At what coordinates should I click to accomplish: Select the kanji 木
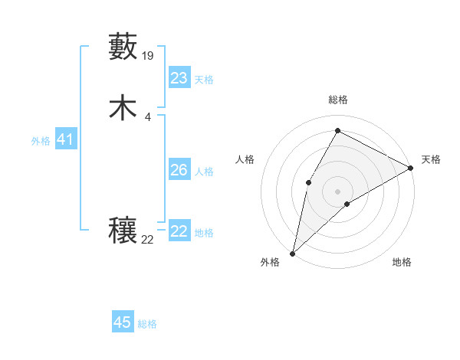pyautogui.click(x=123, y=108)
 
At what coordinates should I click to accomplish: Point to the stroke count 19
pyautogui.click(x=149, y=55)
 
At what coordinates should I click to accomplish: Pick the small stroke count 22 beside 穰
pyautogui.click(x=148, y=240)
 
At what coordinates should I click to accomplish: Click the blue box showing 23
pyautogui.click(x=179, y=78)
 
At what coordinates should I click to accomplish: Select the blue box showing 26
pyautogui.click(x=179, y=170)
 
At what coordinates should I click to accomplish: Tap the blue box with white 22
pyautogui.click(x=179, y=231)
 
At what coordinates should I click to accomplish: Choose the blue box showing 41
pyautogui.click(x=65, y=139)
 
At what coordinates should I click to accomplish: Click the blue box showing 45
pyautogui.click(x=123, y=322)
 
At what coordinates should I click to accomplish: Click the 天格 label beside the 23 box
pyautogui.click(x=203, y=80)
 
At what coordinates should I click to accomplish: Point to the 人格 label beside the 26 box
pyautogui.click(x=203, y=172)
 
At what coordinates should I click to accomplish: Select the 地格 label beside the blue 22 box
pyautogui.click(x=203, y=233)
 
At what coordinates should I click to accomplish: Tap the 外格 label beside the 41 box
pyautogui.click(x=41, y=141)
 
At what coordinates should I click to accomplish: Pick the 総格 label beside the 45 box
pyautogui.click(x=147, y=324)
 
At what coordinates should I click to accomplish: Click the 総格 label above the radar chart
pyautogui.click(x=337, y=100)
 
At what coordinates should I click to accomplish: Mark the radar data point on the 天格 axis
pyautogui.click(x=411, y=169)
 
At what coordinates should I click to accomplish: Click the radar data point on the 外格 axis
pyautogui.click(x=292, y=253)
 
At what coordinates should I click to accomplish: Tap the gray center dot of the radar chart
pyautogui.click(x=337, y=190)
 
